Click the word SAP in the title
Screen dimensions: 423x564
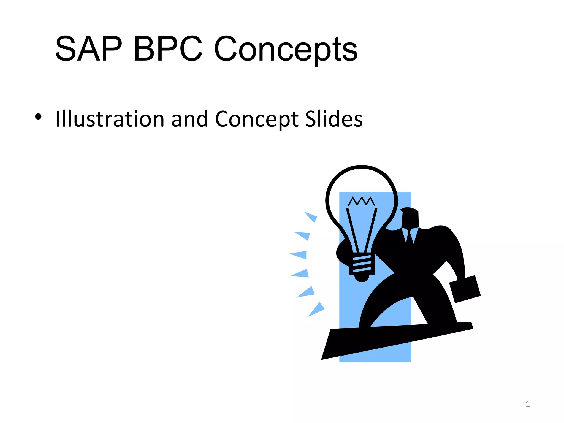point(88,49)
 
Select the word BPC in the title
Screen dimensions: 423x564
point(168,49)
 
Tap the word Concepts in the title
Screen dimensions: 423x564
point(286,50)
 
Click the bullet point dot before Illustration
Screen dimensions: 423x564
point(38,117)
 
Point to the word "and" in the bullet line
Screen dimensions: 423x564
point(189,119)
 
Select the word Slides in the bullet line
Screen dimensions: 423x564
point(334,119)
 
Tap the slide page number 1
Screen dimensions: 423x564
point(528,404)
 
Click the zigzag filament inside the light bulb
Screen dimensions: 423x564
point(361,201)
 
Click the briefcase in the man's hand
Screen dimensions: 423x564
point(465,289)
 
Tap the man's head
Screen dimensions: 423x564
point(410,218)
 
